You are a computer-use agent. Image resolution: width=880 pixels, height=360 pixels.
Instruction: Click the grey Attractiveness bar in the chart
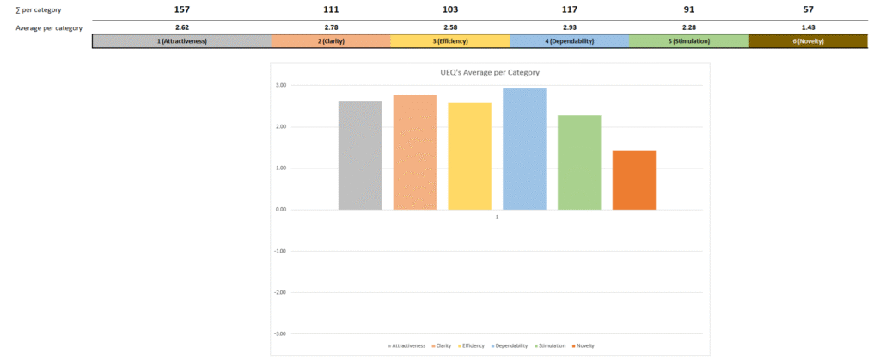359,156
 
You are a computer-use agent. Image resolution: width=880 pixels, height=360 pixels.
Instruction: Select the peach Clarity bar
414,152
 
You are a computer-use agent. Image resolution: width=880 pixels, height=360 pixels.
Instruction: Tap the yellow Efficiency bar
469,156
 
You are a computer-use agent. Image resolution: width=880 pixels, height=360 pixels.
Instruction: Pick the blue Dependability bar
524,149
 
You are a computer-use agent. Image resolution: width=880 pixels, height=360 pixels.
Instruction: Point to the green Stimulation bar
579,162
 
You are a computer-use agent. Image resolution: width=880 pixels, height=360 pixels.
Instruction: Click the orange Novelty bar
634,180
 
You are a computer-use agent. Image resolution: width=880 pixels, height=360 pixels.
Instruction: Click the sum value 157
181,9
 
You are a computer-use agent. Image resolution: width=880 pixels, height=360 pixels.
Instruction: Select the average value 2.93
569,27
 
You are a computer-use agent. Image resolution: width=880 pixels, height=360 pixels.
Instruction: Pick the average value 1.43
808,27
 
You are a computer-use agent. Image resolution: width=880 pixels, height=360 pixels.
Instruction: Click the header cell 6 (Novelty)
808,41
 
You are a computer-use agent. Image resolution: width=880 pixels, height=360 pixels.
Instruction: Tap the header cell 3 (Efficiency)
449,41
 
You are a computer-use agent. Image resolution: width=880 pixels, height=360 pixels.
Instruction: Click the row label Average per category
49,27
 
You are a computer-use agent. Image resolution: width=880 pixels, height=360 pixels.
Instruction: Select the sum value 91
688,9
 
